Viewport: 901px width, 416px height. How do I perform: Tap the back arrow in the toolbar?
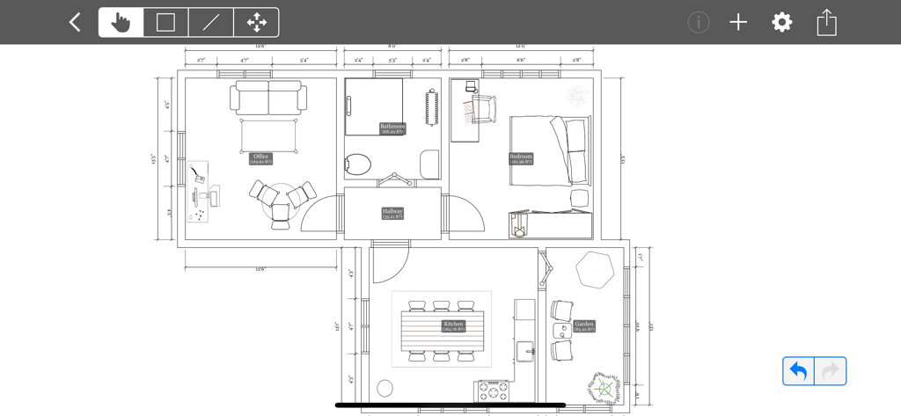[x=75, y=23]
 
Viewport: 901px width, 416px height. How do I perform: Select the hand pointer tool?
[x=121, y=23]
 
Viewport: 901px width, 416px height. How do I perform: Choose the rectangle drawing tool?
[x=165, y=23]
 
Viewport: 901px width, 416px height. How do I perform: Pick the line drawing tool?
[x=211, y=23]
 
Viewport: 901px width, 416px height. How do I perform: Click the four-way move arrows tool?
[x=256, y=23]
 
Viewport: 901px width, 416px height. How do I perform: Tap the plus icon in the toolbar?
[x=738, y=23]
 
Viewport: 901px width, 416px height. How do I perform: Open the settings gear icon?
[x=782, y=23]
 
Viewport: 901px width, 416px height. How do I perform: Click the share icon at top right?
[x=826, y=23]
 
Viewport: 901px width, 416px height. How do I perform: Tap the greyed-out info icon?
[x=699, y=23]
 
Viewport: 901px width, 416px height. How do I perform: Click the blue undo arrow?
[x=799, y=371]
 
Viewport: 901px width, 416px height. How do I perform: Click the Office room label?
[x=260, y=159]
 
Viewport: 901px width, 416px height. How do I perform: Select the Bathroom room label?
[x=392, y=128]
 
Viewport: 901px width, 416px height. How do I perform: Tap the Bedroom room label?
[x=521, y=159]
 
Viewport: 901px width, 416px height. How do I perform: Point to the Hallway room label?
[x=392, y=213]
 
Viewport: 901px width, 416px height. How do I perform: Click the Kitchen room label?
[x=453, y=326]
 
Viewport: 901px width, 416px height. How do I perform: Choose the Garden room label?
[x=584, y=326]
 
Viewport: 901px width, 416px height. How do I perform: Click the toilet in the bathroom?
[x=357, y=164]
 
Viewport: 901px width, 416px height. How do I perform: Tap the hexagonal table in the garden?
[x=595, y=270]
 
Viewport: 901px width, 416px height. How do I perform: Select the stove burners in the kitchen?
[x=492, y=390]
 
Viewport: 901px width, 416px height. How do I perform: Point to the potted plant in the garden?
[x=604, y=387]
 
